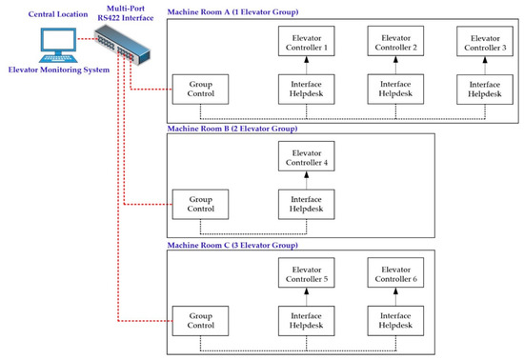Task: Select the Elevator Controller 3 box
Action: coord(486,42)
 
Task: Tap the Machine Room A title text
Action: coord(233,10)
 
